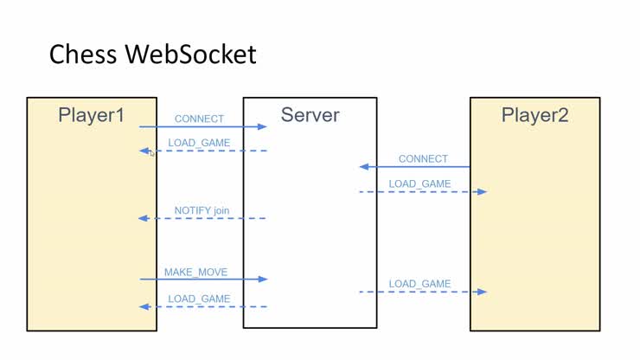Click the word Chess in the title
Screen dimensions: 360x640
coord(84,55)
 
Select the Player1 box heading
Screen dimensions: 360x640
coord(92,114)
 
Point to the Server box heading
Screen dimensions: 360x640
coord(310,114)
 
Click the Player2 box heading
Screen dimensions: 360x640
coord(534,114)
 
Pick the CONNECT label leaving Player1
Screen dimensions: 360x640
coord(199,119)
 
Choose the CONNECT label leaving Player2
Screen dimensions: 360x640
coord(423,159)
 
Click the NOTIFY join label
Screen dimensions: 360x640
coord(202,210)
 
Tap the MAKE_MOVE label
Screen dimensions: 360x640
coord(196,272)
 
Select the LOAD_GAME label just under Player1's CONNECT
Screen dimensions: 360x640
coord(199,143)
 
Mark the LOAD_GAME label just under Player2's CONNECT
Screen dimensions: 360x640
coord(419,183)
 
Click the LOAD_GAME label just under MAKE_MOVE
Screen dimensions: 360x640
coord(199,299)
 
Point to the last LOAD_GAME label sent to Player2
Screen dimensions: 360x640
coord(419,284)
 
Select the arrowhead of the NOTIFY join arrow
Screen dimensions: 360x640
coord(144,218)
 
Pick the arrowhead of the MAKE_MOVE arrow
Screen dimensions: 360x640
coord(263,279)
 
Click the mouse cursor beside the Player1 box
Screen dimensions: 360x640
coord(151,153)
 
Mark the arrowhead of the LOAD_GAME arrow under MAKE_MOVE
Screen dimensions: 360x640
coord(144,306)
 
